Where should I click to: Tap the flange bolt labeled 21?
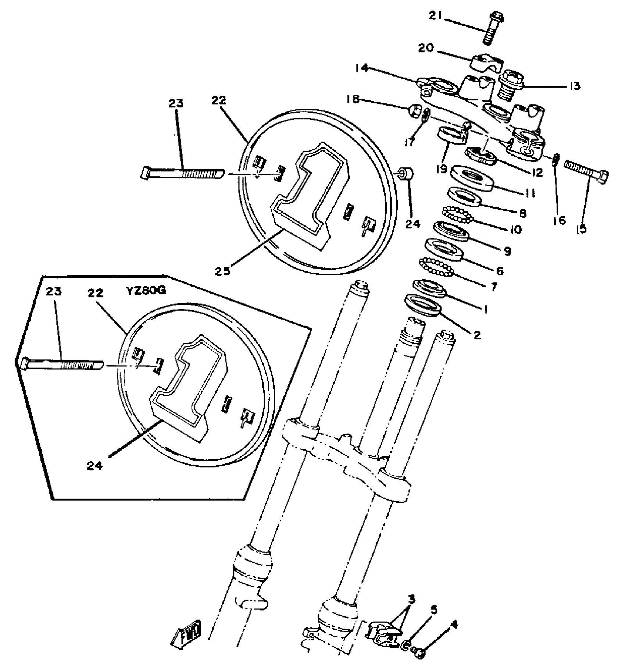pyautogui.click(x=488, y=29)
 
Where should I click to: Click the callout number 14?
pyautogui.click(x=362, y=68)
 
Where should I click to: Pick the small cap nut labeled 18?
pyautogui.click(x=414, y=111)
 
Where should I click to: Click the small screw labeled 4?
pyautogui.click(x=419, y=652)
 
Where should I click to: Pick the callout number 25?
pyautogui.click(x=222, y=271)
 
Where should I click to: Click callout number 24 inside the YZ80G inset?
pyautogui.click(x=95, y=465)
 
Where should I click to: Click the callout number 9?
pyautogui.click(x=507, y=251)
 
